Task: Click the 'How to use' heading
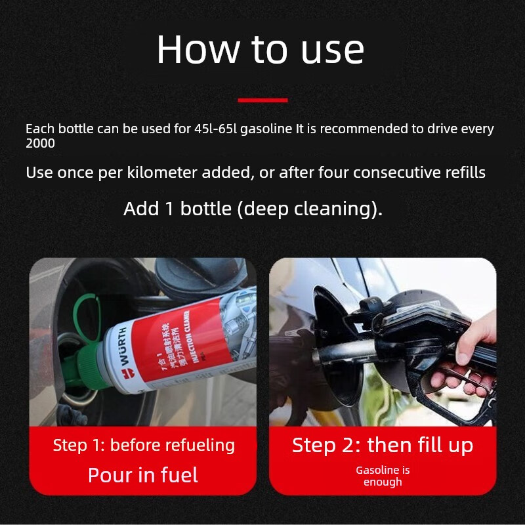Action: pyautogui.click(x=261, y=49)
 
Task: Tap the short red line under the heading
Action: pyautogui.click(x=262, y=100)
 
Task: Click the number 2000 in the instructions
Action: pyautogui.click(x=40, y=143)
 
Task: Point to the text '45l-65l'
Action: pyautogui.click(x=216, y=129)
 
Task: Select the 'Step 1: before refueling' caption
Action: pyautogui.click(x=144, y=445)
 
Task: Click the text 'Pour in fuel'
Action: pyautogui.click(x=143, y=474)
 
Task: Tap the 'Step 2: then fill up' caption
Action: pyautogui.click(x=383, y=445)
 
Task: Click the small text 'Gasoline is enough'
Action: pyautogui.click(x=383, y=476)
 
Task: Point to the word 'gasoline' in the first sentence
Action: pyautogui.click(x=266, y=129)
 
